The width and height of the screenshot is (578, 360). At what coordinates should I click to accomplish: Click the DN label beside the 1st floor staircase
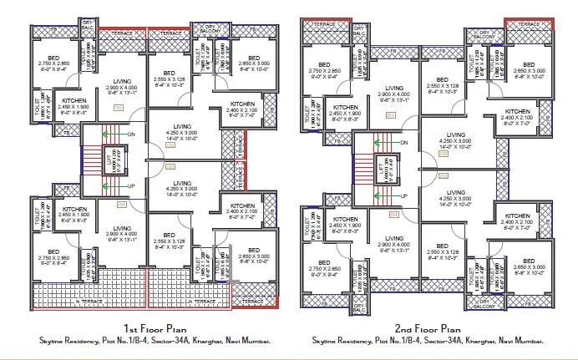point(131,134)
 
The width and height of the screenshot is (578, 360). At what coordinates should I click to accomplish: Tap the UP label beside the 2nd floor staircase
point(403,195)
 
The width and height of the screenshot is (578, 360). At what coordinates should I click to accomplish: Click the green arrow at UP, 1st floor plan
point(113,186)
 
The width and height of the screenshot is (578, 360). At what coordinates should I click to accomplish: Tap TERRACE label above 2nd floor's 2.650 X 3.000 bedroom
point(530,25)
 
